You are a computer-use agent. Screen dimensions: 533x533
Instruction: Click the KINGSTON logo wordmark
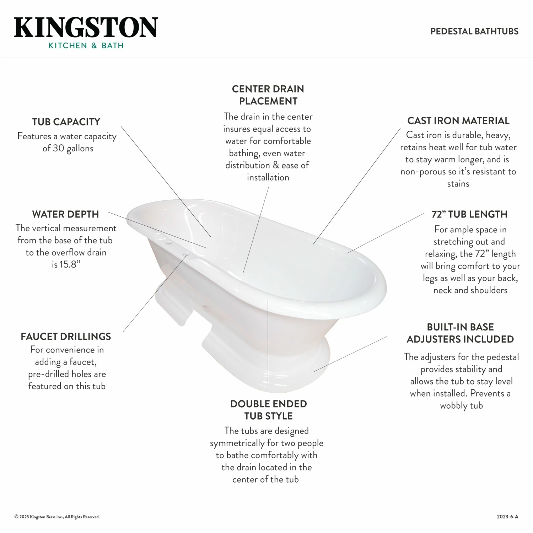click(x=86, y=27)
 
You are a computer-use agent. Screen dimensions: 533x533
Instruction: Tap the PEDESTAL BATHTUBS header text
click(x=474, y=31)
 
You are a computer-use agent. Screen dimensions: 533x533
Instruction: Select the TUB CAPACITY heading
click(x=66, y=122)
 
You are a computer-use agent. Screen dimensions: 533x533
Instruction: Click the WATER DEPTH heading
click(x=65, y=214)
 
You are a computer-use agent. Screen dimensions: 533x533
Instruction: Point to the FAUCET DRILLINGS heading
click(x=66, y=337)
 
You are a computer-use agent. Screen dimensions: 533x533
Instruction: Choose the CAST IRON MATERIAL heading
click(x=458, y=121)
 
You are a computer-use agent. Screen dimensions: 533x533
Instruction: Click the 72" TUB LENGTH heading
click(x=469, y=214)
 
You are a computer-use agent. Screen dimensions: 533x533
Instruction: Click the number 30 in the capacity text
click(x=58, y=148)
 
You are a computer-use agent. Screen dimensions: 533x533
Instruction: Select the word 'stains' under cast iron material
click(x=458, y=184)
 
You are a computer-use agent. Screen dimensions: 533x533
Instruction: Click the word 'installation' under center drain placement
click(x=268, y=177)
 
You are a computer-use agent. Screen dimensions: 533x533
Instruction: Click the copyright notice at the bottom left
click(x=57, y=517)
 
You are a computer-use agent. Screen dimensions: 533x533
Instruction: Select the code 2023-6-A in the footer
click(x=507, y=517)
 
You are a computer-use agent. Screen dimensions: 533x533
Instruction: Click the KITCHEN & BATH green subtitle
click(x=86, y=45)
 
